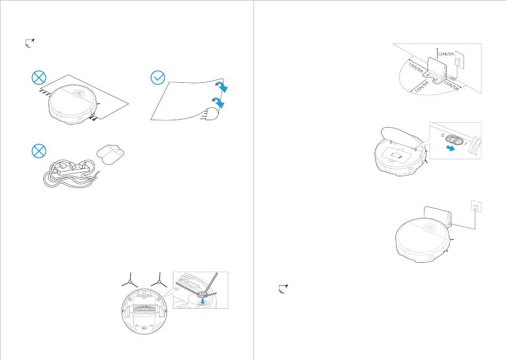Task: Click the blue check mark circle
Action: coord(158,77)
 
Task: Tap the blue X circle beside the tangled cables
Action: coord(39,151)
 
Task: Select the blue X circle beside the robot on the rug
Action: coord(39,77)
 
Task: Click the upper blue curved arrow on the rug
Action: coord(222,87)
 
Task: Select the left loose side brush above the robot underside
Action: coord(130,280)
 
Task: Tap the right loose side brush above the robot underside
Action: coord(159,280)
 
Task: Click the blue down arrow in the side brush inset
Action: coord(203,301)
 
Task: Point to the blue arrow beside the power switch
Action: coord(450,148)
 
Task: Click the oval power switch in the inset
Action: coord(454,140)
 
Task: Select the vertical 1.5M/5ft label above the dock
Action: coord(446,54)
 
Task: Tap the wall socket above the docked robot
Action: coord(476,206)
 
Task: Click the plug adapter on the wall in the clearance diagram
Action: coord(457,61)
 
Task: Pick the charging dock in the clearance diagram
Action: coord(437,71)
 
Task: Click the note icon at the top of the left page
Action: coord(30,43)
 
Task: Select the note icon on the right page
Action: coord(283,289)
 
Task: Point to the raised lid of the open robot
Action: coord(401,135)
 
